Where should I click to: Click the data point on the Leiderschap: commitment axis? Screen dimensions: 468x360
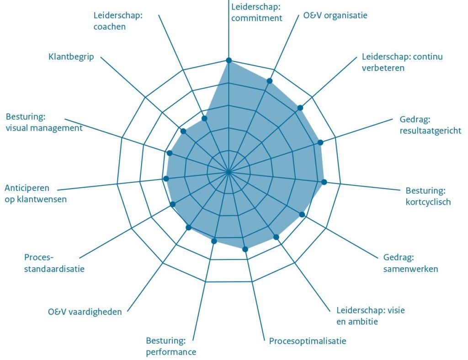(x=229, y=60)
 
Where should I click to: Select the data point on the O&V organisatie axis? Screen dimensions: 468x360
(x=270, y=81)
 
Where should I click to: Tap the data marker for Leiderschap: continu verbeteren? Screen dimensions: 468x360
(x=300, y=108)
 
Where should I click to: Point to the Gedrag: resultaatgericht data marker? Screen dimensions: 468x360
(x=320, y=143)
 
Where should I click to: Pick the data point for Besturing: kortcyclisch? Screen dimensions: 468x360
(x=324, y=182)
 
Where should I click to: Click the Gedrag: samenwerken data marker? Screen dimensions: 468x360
(x=302, y=214)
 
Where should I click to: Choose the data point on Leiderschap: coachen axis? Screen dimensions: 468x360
(x=204, y=118)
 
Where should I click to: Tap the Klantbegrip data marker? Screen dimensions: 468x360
(x=183, y=131)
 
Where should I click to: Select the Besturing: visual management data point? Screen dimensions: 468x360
(x=170, y=153)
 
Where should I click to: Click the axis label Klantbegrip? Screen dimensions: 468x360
(x=71, y=57)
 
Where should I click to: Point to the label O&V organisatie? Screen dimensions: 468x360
(x=335, y=15)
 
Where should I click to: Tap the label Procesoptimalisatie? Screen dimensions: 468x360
(x=308, y=341)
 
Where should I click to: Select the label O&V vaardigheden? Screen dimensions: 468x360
(x=85, y=312)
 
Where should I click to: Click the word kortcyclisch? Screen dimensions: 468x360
(x=428, y=202)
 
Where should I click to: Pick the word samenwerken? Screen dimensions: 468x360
(x=411, y=269)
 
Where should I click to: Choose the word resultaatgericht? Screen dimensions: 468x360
(x=431, y=131)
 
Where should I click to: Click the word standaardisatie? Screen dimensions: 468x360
(x=54, y=269)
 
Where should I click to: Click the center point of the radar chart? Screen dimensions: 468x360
(x=229, y=172)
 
